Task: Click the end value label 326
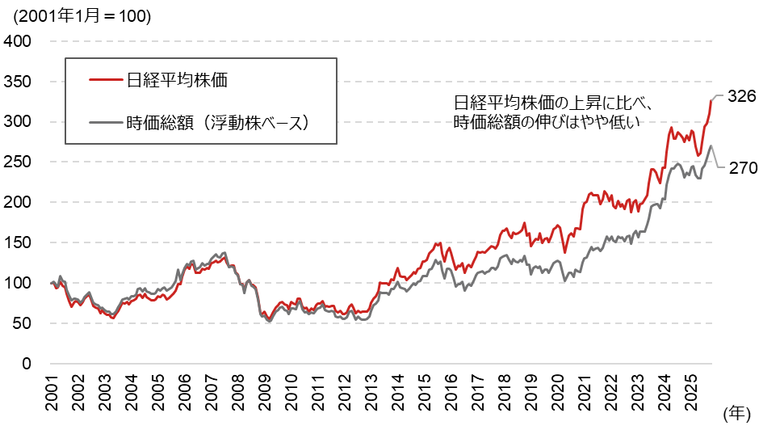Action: coord(741,96)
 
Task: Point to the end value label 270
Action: coord(741,168)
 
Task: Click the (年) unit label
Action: coord(736,413)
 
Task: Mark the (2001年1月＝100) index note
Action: coord(77,16)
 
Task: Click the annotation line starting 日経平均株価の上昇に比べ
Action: coord(558,103)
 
